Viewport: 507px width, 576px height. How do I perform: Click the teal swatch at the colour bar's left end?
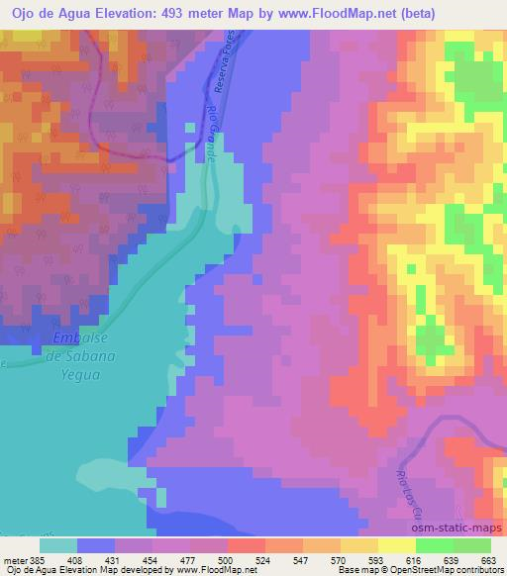[58, 544]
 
